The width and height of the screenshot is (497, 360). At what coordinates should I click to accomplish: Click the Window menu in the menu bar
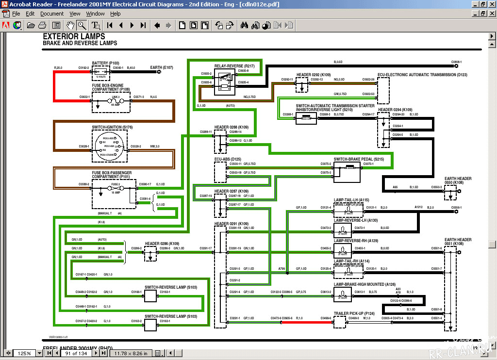[x=96, y=14]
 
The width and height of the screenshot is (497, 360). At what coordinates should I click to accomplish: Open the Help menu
[x=116, y=14]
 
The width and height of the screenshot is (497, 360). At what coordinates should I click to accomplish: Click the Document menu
[x=52, y=14]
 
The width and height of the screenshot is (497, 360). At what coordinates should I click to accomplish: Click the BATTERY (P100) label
[x=106, y=63]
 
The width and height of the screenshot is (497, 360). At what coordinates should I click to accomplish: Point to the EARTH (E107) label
[x=162, y=67]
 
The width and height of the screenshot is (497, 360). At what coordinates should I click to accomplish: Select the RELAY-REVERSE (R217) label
[x=234, y=65]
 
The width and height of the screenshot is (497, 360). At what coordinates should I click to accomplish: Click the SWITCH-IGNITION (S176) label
[x=112, y=127]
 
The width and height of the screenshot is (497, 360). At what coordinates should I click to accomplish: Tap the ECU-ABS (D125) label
[x=228, y=159]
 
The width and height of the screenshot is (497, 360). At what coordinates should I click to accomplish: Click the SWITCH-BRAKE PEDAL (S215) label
[x=359, y=159]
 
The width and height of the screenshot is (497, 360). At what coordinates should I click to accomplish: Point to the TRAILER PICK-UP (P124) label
[x=354, y=313]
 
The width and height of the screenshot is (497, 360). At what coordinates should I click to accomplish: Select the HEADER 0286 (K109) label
[x=162, y=243]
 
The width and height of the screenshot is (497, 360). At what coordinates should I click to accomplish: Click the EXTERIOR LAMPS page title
[x=74, y=36]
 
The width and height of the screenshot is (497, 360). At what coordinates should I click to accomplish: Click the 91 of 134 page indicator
[x=76, y=353]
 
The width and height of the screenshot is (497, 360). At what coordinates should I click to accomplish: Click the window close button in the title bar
[x=491, y=4]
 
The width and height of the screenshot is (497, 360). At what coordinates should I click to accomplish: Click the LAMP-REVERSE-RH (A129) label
[x=356, y=241]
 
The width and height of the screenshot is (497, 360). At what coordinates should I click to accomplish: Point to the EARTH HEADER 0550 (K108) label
[x=458, y=180]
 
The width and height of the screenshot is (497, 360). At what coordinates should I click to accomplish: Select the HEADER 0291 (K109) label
[x=232, y=224]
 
